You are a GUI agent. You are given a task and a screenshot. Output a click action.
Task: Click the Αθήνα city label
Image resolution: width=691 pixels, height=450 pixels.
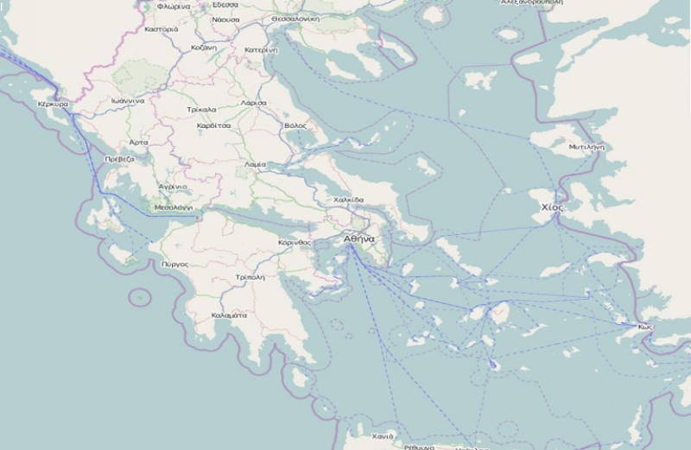click(x=358, y=238)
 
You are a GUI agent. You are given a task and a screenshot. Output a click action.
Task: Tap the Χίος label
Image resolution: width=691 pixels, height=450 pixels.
click(x=552, y=208)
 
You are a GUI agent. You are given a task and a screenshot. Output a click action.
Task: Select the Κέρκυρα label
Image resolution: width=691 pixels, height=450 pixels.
click(x=54, y=103)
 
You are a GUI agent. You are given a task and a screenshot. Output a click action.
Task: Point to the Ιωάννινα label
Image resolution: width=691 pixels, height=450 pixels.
click(x=126, y=100)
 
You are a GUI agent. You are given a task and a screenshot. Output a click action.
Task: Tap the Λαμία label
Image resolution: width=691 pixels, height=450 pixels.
click(x=255, y=163)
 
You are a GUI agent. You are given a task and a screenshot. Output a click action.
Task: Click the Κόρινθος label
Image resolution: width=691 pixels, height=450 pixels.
click(x=294, y=243)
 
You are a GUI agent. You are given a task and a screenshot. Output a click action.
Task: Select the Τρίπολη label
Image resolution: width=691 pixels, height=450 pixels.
click(x=250, y=277)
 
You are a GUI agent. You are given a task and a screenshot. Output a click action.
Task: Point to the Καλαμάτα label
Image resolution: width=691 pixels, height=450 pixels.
click(x=230, y=315)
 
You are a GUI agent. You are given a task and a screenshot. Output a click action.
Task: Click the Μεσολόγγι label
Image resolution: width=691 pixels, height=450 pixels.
click(x=172, y=208)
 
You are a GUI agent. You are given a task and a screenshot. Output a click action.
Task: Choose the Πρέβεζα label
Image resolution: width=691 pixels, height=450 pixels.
click(x=118, y=160)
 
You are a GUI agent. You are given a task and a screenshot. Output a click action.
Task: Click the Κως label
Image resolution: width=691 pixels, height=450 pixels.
click(x=644, y=327)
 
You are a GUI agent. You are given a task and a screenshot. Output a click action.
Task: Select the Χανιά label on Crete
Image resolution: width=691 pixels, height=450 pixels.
click(x=383, y=435)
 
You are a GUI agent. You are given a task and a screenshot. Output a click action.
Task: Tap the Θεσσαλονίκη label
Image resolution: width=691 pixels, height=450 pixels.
click(x=307, y=17)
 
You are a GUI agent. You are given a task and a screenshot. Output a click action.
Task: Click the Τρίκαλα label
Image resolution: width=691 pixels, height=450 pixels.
click(x=200, y=111)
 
